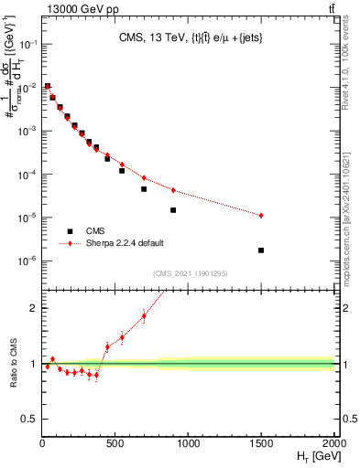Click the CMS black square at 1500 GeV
coord(261,250)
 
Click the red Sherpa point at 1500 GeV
coord(261,215)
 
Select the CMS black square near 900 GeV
coord(173,209)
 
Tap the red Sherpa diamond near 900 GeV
coord(173,190)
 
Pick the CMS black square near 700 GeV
coord(144,189)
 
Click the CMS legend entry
coord(92,231)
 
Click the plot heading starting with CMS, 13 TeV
coord(189,37)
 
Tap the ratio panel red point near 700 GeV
coord(144,316)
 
